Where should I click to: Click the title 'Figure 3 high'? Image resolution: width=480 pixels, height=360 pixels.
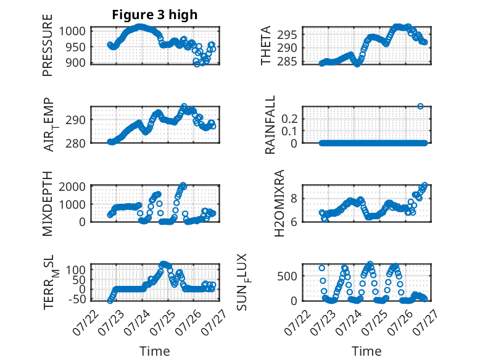(x=155, y=15)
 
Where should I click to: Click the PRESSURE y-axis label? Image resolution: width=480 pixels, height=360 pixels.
(x=48, y=45)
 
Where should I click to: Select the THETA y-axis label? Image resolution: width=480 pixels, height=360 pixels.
(x=266, y=45)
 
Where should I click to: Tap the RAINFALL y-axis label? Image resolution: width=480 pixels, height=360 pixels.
(x=270, y=125)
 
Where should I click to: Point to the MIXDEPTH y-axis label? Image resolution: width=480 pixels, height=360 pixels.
(x=48, y=204)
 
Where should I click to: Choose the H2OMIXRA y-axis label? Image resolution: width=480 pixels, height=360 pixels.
(x=279, y=203)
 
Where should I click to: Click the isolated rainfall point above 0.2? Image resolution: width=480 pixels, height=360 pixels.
(x=420, y=106)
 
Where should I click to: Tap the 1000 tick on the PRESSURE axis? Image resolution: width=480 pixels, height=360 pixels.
(x=72, y=31)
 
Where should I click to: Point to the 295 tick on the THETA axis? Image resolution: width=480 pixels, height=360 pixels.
(x=287, y=35)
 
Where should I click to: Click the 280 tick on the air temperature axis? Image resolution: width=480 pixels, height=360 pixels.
(x=75, y=143)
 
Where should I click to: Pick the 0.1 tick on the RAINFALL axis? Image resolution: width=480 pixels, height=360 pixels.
(x=289, y=131)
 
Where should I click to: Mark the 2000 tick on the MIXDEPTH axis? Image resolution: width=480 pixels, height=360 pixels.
(x=72, y=186)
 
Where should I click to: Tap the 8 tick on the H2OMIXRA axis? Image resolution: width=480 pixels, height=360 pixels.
(x=294, y=199)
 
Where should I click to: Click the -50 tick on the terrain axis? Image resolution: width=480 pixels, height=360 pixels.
(x=77, y=299)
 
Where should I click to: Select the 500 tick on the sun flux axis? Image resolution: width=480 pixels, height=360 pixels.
(x=287, y=276)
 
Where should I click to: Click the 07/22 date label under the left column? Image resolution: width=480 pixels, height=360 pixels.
(x=86, y=322)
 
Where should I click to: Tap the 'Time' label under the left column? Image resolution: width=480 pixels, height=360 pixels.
(x=155, y=351)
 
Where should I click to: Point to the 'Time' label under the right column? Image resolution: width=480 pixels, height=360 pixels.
(x=366, y=351)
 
